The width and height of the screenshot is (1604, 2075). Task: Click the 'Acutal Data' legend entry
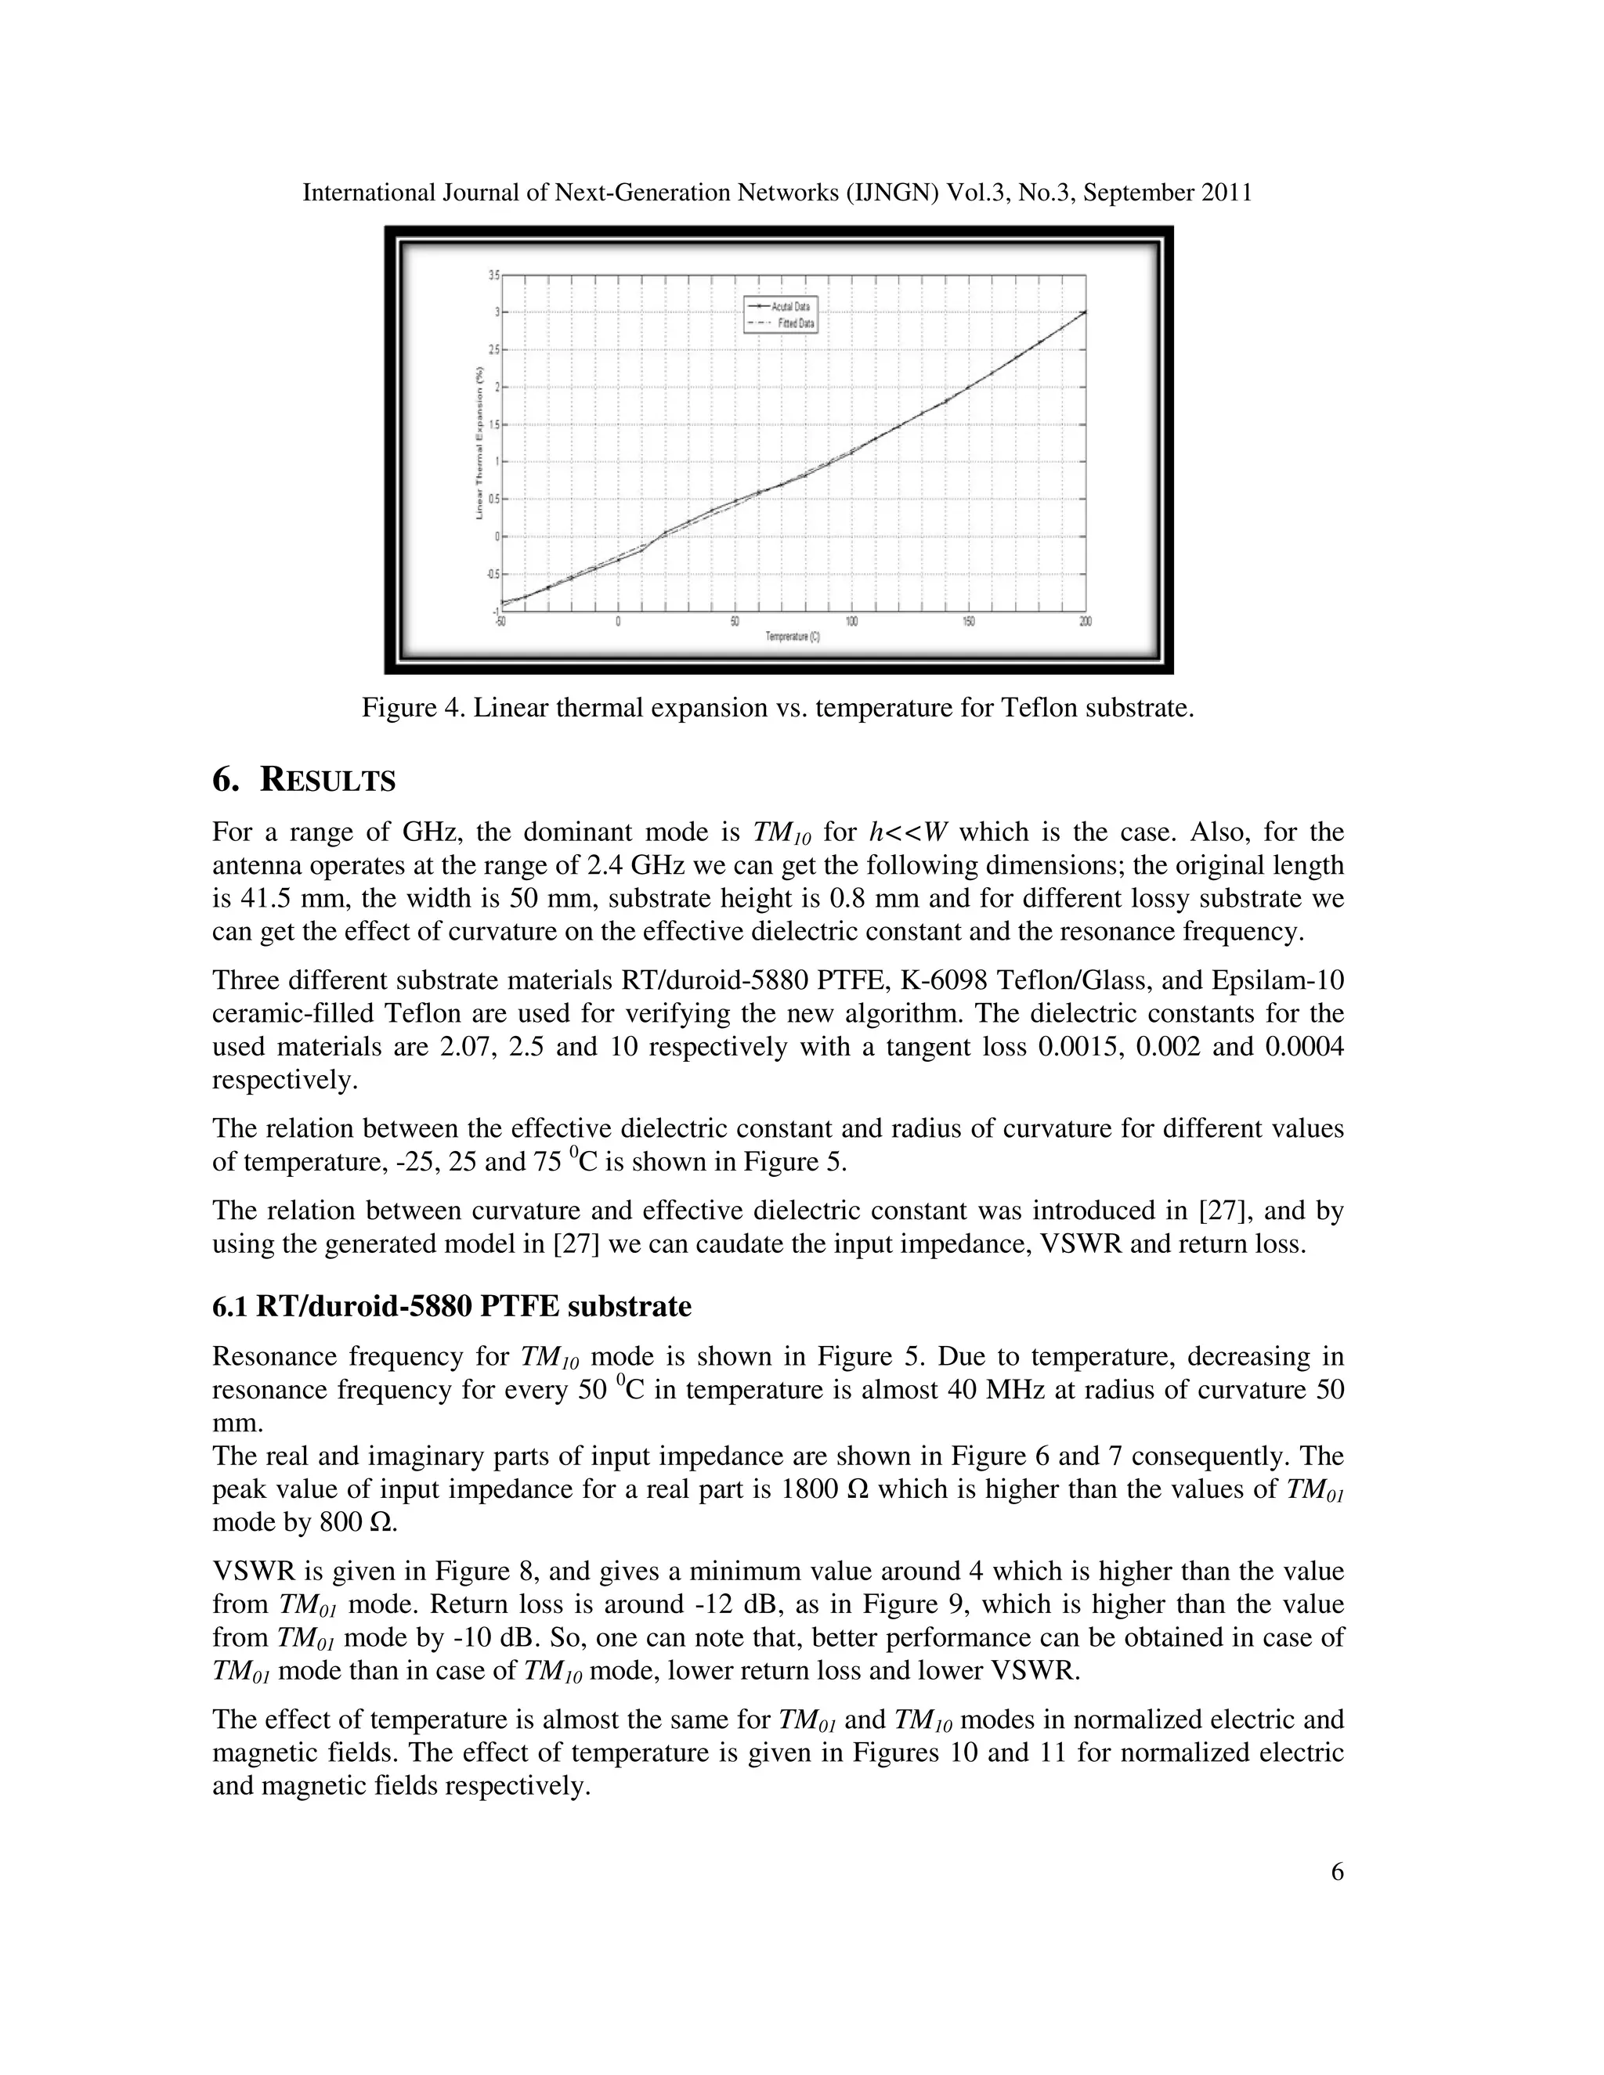click(x=789, y=308)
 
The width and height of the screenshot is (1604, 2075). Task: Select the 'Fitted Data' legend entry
click(x=793, y=323)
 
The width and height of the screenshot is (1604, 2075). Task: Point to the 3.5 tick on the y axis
click(x=493, y=275)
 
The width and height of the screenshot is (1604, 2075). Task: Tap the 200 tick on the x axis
click(x=1086, y=622)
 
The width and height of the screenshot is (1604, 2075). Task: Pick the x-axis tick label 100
click(x=851, y=622)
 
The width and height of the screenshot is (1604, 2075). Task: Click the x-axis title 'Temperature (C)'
click(x=793, y=637)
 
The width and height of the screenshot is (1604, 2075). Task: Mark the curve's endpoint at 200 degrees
click(x=1086, y=312)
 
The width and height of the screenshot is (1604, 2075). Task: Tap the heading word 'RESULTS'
click(x=328, y=781)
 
